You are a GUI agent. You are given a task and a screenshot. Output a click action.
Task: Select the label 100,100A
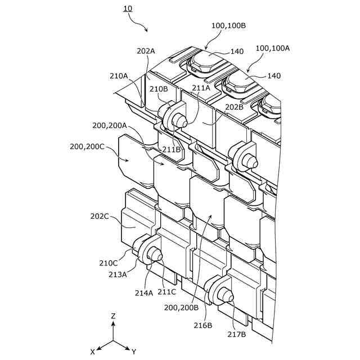(x=273, y=48)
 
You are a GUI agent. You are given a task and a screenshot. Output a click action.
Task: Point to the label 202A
(x=146, y=51)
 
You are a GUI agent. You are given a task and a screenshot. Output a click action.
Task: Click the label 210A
(x=119, y=75)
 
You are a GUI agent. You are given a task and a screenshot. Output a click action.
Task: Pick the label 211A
(x=201, y=88)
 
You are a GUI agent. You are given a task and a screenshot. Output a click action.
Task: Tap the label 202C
(x=100, y=215)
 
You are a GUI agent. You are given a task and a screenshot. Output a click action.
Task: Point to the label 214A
(x=143, y=292)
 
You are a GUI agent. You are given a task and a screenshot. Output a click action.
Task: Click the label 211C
(x=166, y=291)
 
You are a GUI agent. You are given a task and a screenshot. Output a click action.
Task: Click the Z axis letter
(x=113, y=316)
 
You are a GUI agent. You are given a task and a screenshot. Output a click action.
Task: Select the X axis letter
(x=92, y=352)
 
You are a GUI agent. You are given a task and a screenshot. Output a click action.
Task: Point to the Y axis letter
(x=134, y=352)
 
